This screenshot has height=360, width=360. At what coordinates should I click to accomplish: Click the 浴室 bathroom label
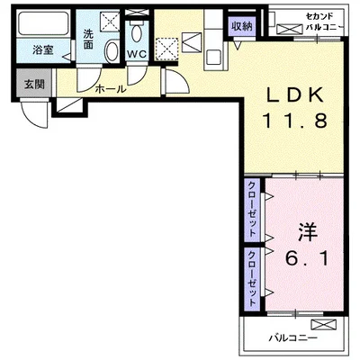point(43,50)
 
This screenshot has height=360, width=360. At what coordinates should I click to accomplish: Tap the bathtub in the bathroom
point(43,23)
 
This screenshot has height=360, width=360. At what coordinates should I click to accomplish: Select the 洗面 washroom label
point(88,39)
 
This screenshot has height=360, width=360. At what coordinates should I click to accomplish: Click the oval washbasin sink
point(112,51)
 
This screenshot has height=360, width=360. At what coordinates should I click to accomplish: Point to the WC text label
point(137,54)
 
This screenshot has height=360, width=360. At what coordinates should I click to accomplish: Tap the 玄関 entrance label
point(34,85)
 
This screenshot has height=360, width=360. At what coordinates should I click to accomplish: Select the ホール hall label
point(110,89)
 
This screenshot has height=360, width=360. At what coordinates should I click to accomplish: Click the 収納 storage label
point(241,26)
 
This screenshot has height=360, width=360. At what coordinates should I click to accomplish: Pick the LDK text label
point(294,95)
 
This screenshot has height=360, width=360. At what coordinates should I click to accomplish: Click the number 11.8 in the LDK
point(294,121)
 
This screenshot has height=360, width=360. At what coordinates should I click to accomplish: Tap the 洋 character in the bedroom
point(308,233)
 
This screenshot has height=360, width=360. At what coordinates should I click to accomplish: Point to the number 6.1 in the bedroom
point(307,258)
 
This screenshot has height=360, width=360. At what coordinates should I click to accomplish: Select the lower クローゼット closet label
point(252,278)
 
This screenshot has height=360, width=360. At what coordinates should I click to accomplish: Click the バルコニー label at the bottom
point(292,338)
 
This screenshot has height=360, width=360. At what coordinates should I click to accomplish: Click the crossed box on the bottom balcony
point(324,325)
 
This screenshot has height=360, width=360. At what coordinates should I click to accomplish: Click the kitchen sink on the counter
point(214,57)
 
